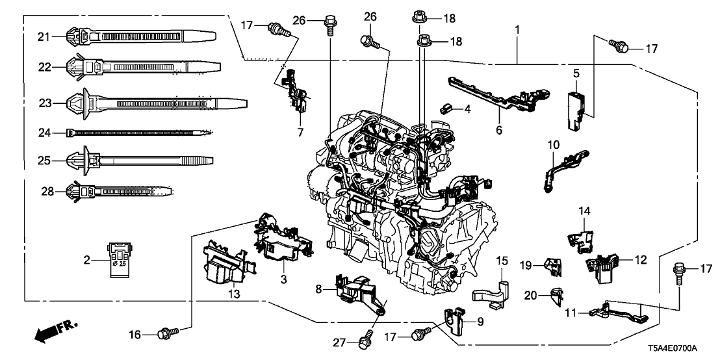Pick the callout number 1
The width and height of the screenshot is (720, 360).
click(x=517, y=30)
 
